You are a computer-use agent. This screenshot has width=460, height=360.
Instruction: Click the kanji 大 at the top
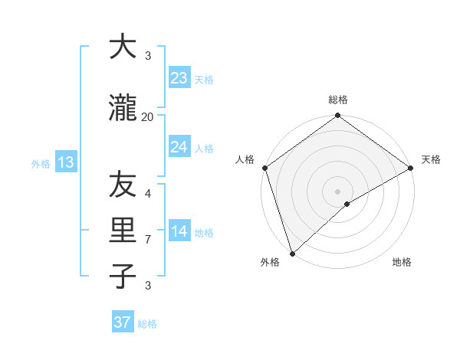(x=123, y=47)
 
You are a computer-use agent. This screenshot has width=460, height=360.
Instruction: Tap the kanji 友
(x=123, y=185)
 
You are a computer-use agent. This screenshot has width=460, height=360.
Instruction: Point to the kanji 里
(x=123, y=231)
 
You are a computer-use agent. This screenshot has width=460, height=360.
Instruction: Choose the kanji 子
(x=123, y=275)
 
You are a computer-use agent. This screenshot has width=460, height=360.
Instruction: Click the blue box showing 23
(x=179, y=78)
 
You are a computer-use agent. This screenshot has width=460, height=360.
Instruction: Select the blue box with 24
(x=179, y=147)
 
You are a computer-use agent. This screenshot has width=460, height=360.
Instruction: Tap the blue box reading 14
(x=179, y=232)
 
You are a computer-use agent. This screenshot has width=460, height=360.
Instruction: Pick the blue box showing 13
(x=65, y=162)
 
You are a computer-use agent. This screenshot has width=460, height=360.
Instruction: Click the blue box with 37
(x=122, y=322)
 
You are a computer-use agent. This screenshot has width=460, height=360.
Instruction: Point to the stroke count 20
(x=148, y=116)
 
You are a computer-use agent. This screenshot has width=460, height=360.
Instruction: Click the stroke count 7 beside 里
(x=148, y=240)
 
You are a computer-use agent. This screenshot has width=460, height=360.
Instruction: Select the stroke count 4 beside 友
(x=148, y=193)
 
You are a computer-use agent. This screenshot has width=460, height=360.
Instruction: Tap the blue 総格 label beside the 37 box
(x=147, y=324)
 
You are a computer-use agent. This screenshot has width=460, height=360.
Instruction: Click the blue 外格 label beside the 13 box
(x=41, y=163)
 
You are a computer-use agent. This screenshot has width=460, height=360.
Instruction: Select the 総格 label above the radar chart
(x=337, y=100)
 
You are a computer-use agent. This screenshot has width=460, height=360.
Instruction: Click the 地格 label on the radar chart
(x=402, y=263)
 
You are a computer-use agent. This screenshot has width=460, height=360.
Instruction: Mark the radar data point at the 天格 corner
(x=411, y=168)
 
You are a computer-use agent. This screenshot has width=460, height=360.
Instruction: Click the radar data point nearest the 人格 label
(x=264, y=168)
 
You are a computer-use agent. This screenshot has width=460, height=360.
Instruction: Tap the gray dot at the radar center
(x=337, y=191)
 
